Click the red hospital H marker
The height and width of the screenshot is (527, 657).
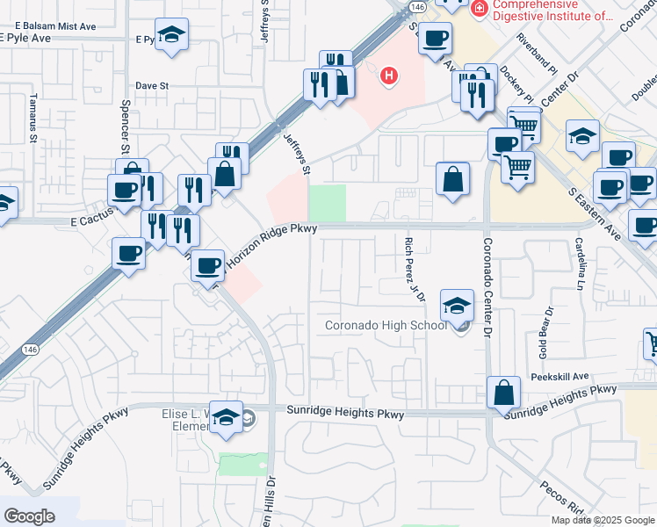[388, 77]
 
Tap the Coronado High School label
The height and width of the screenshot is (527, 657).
[386, 326]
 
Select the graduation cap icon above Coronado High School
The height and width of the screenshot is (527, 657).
[457, 306]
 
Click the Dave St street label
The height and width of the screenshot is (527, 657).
[151, 86]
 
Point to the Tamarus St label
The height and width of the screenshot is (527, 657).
[32, 118]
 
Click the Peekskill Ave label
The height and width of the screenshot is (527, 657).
[560, 376]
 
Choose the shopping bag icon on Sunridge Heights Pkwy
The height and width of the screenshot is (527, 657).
[505, 394]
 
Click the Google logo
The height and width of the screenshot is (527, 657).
[29, 516]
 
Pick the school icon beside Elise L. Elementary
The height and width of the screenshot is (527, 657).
[227, 418]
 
